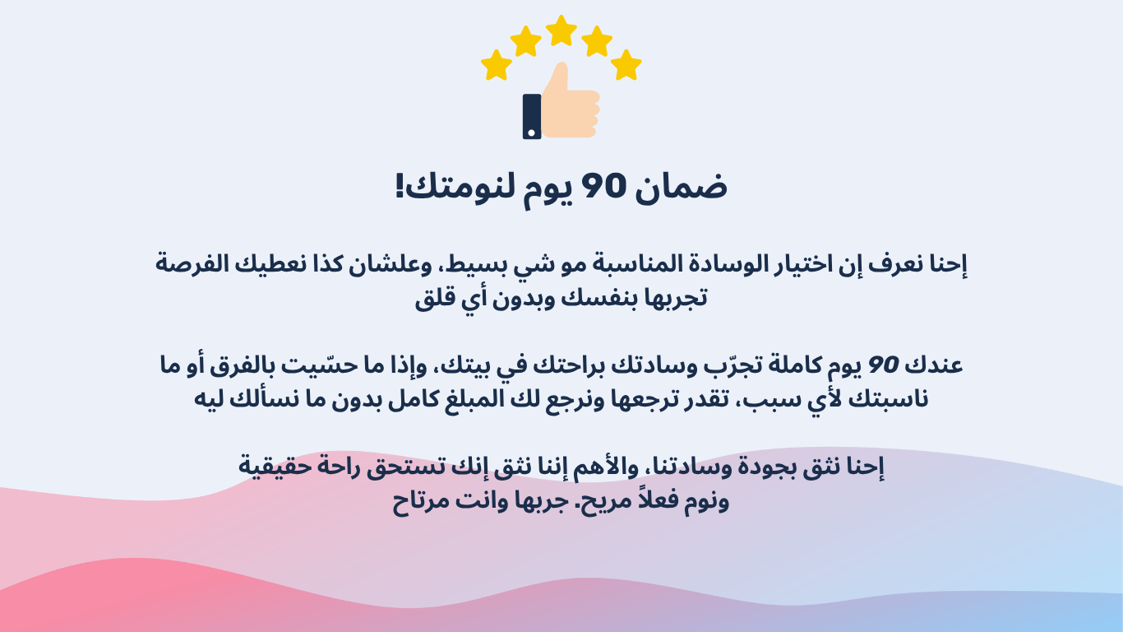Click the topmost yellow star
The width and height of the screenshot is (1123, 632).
click(561, 31)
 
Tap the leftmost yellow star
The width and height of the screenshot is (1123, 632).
click(497, 65)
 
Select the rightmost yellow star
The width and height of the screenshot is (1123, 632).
click(626, 65)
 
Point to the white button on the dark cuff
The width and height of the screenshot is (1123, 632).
click(532, 133)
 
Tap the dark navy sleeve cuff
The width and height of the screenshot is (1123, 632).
click(532, 117)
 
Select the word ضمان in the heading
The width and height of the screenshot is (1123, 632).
click(682, 186)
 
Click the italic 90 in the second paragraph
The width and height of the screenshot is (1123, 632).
click(883, 365)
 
